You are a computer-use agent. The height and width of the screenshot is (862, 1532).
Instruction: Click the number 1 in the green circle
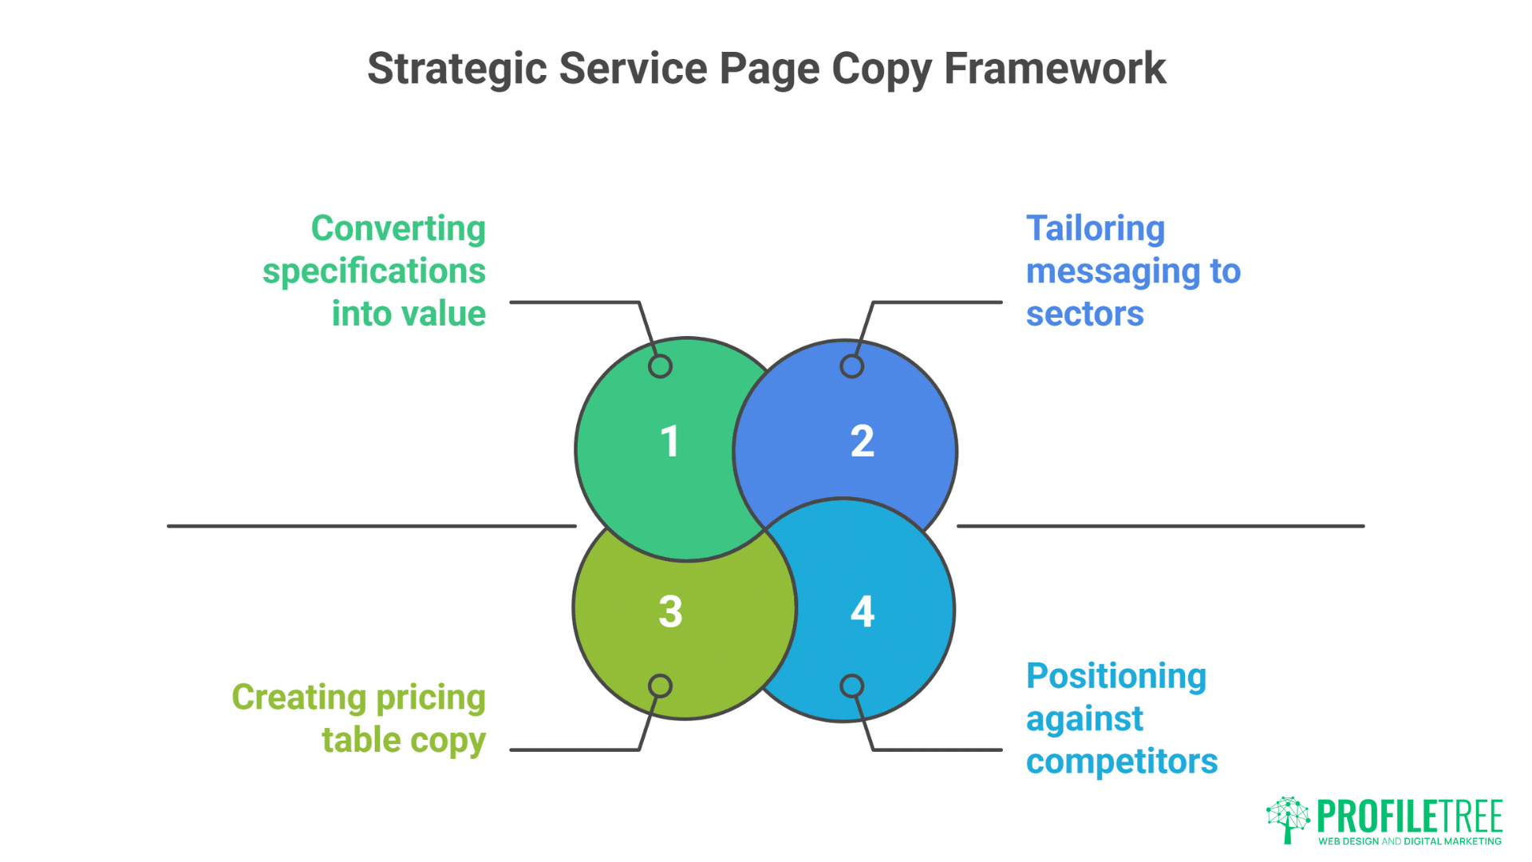(x=670, y=441)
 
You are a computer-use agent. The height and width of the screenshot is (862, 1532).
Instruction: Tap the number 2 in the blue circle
(x=862, y=441)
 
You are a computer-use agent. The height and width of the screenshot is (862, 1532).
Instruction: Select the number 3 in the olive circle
(x=670, y=612)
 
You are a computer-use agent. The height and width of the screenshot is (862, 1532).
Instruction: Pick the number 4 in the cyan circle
(x=862, y=612)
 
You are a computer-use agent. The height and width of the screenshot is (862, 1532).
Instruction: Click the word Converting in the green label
(x=398, y=228)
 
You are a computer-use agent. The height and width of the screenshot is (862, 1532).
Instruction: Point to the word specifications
(x=373, y=271)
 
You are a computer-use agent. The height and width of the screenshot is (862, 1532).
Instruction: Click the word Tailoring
(x=1095, y=228)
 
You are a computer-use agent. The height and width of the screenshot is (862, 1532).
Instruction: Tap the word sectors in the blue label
(x=1084, y=314)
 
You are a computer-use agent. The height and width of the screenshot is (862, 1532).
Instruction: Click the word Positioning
(x=1115, y=676)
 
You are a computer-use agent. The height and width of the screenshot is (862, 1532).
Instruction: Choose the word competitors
(x=1121, y=761)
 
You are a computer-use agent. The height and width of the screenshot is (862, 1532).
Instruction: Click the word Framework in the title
(x=1054, y=69)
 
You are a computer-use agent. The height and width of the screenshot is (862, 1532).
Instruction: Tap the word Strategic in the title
(x=456, y=69)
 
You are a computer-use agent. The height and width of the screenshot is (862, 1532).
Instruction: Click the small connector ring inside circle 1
(x=660, y=366)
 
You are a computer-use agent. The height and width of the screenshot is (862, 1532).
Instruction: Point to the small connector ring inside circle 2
(x=851, y=366)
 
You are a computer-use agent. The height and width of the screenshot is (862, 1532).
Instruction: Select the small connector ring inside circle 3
(x=660, y=686)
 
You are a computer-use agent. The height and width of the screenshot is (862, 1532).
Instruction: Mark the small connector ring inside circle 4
(x=851, y=686)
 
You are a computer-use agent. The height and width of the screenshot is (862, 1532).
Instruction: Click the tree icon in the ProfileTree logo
(x=1287, y=818)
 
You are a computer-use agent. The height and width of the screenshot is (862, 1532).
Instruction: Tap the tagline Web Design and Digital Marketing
(x=1409, y=841)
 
